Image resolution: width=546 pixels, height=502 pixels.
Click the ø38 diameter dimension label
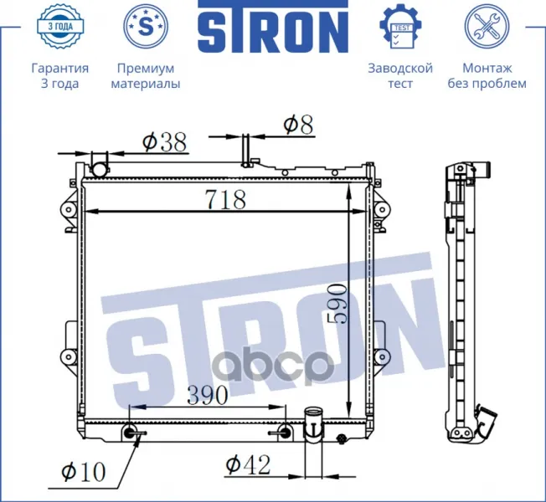coord(165,142)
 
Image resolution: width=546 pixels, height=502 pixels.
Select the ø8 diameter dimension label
coord(298,125)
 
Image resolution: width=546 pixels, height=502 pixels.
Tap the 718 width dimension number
coord(226,199)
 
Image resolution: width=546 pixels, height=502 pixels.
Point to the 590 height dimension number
coord(337,304)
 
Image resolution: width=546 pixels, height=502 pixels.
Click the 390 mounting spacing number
coord(208,395)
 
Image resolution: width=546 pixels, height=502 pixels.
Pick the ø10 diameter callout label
coord(83,472)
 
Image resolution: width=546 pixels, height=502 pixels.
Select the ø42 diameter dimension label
coord(248,465)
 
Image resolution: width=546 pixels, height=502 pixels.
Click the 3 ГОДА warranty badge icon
coord(60,25)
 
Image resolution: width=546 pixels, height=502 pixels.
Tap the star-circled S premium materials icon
coord(146,26)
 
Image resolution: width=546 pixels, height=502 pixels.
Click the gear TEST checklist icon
coord(400,26)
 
